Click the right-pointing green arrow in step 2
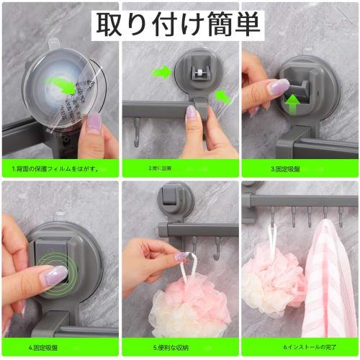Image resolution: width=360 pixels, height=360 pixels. pos(162,72)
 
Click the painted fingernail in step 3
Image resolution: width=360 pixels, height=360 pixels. pos(278,87)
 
